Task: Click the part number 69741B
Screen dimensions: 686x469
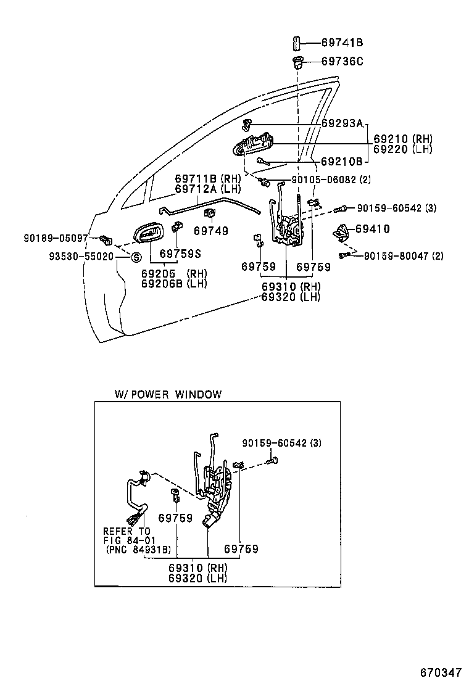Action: (342, 43)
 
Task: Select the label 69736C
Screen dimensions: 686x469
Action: (342, 61)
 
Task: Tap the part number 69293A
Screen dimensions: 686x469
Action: (342, 123)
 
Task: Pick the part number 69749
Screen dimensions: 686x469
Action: (210, 231)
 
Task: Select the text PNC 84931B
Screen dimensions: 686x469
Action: (138, 549)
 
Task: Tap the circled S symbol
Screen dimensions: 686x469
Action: (136, 257)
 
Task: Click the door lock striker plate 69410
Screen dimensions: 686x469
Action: (341, 233)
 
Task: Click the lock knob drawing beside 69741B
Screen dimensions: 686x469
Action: (296, 43)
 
